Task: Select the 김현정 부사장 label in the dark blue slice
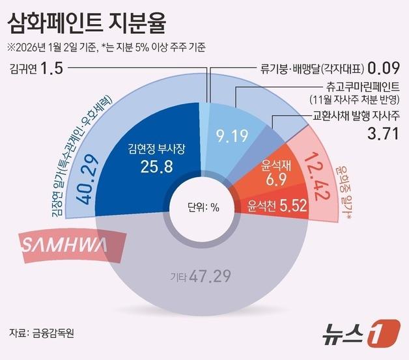[x=158, y=149]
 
